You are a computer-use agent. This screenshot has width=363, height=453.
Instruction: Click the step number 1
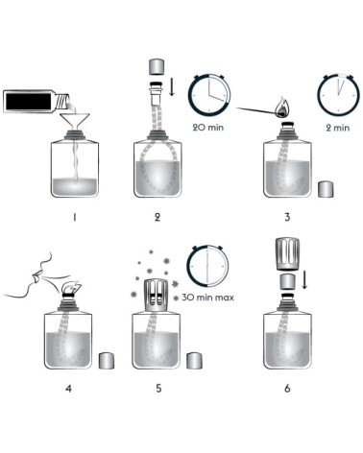pos(72,218)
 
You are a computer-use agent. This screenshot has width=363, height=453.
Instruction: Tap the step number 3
pos(287,218)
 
